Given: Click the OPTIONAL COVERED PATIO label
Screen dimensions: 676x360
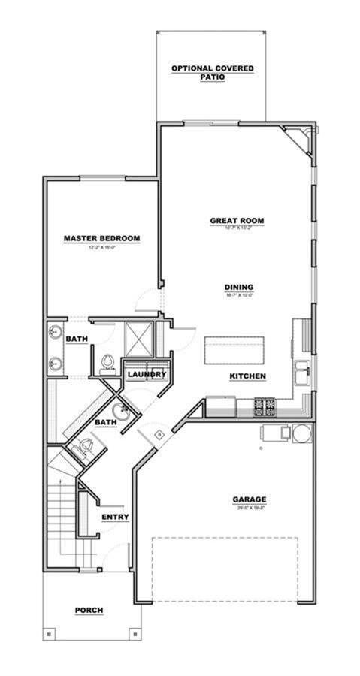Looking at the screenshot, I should [212, 72].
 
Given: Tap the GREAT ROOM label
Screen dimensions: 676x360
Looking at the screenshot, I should [237, 221].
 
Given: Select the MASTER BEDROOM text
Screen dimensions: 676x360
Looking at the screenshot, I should [101, 239].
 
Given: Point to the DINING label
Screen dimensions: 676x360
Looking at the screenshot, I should [238, 287].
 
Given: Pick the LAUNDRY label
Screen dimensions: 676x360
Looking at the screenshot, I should [146, 373].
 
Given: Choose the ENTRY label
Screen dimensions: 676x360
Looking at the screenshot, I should [115, 517].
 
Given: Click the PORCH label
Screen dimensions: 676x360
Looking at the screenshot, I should [88, 611].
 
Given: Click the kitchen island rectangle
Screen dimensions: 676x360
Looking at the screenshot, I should [234, 350].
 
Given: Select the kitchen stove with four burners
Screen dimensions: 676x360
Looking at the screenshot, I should [264, 407].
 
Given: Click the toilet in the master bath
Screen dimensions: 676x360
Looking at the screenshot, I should [107, 363].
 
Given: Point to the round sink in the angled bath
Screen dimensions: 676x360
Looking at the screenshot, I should [120, 411].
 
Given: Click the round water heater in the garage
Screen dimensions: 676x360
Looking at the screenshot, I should [301, 433].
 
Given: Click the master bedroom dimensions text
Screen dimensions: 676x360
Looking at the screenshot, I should [101, 247].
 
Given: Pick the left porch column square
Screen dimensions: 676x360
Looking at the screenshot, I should [50, 635].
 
